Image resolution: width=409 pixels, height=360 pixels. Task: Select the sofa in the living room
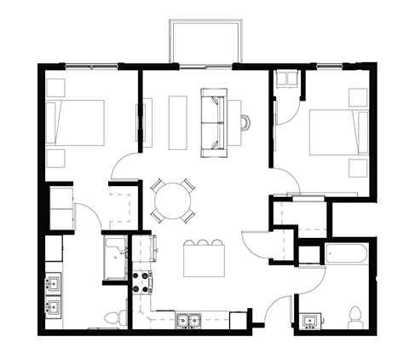coord(212,123)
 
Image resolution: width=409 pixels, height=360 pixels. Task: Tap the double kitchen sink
coord(188,321)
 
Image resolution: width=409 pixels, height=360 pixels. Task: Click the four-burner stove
coord(141,282)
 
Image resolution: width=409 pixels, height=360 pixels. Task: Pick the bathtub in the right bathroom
coord(345,254)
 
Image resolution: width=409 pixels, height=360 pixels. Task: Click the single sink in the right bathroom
coord(308,322)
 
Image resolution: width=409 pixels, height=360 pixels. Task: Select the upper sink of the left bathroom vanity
coord(53,282)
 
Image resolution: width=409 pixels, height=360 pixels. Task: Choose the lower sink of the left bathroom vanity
coord(53,308)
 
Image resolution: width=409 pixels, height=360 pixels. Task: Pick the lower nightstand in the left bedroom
coord(57,159)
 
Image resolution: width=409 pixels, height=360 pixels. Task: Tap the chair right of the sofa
coord(245,123)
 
